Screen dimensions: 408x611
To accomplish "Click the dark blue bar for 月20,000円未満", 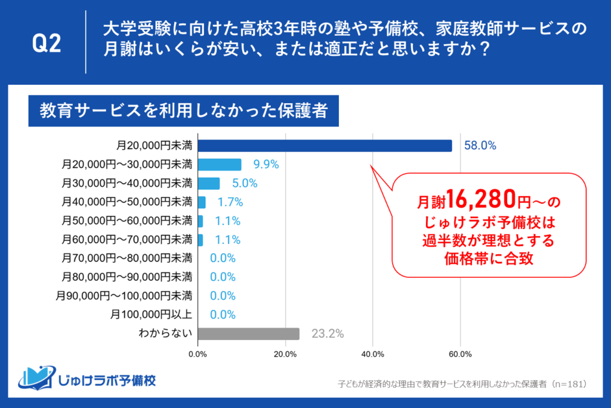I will click(325, 146).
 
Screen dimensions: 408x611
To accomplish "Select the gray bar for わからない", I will click(248, 333).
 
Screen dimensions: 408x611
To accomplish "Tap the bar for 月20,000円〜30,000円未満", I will click(219, 165).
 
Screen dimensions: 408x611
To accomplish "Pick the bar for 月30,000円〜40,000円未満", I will click(208, 183).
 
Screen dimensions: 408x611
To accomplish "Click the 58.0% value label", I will click(480, 146).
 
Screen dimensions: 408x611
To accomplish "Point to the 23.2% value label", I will click(327, 333).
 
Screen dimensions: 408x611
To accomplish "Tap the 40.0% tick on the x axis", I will click(372, 354).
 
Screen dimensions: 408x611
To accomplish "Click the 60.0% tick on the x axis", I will click(460, 354).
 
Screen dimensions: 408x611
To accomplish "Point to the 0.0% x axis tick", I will click(198, 354).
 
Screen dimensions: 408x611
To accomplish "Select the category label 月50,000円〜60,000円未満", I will click(126, 221).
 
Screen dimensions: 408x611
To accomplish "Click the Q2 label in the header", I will click(46, 45).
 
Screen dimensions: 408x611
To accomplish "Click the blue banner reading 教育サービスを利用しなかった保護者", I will click(183, 110).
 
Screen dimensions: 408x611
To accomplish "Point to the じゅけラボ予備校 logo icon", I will click(36, 376).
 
